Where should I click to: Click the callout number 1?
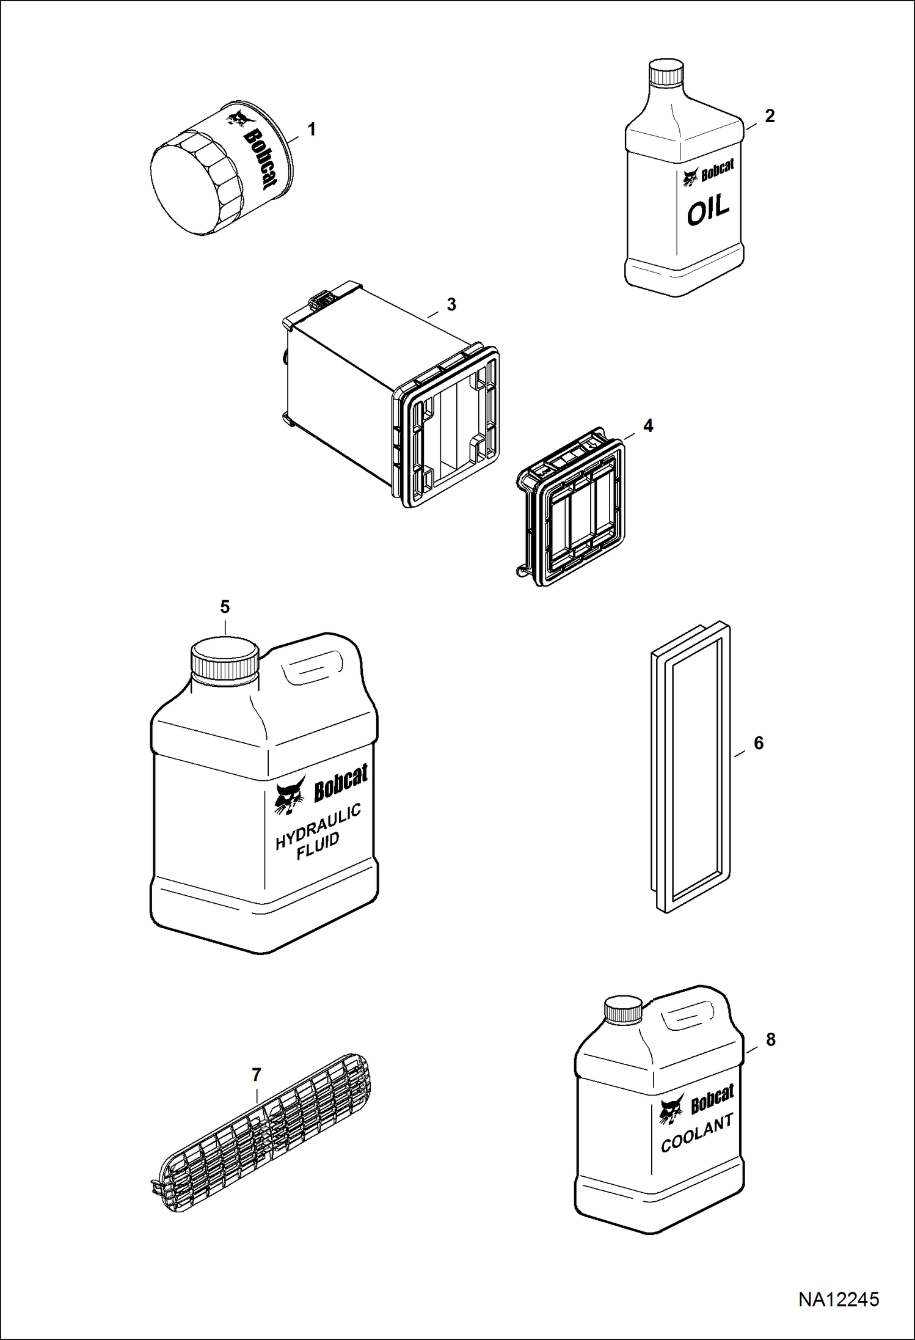[312, 130]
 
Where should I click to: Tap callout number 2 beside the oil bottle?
[770, 115]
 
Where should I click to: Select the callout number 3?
[451, 304]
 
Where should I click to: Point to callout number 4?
[648, 426]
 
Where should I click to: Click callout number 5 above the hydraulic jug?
[225, 607]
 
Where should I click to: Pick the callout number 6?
[759, 743]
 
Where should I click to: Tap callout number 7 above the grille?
[257, 1075]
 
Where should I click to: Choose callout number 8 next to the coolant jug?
[771, 1039]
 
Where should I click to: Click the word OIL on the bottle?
[708, 210]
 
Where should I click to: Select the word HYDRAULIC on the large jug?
[318, 827]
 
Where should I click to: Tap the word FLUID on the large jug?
[318, 846]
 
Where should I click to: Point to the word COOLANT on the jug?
[697, 1133]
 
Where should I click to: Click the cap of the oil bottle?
[665, 71]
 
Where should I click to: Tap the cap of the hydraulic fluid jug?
[225, 659]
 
